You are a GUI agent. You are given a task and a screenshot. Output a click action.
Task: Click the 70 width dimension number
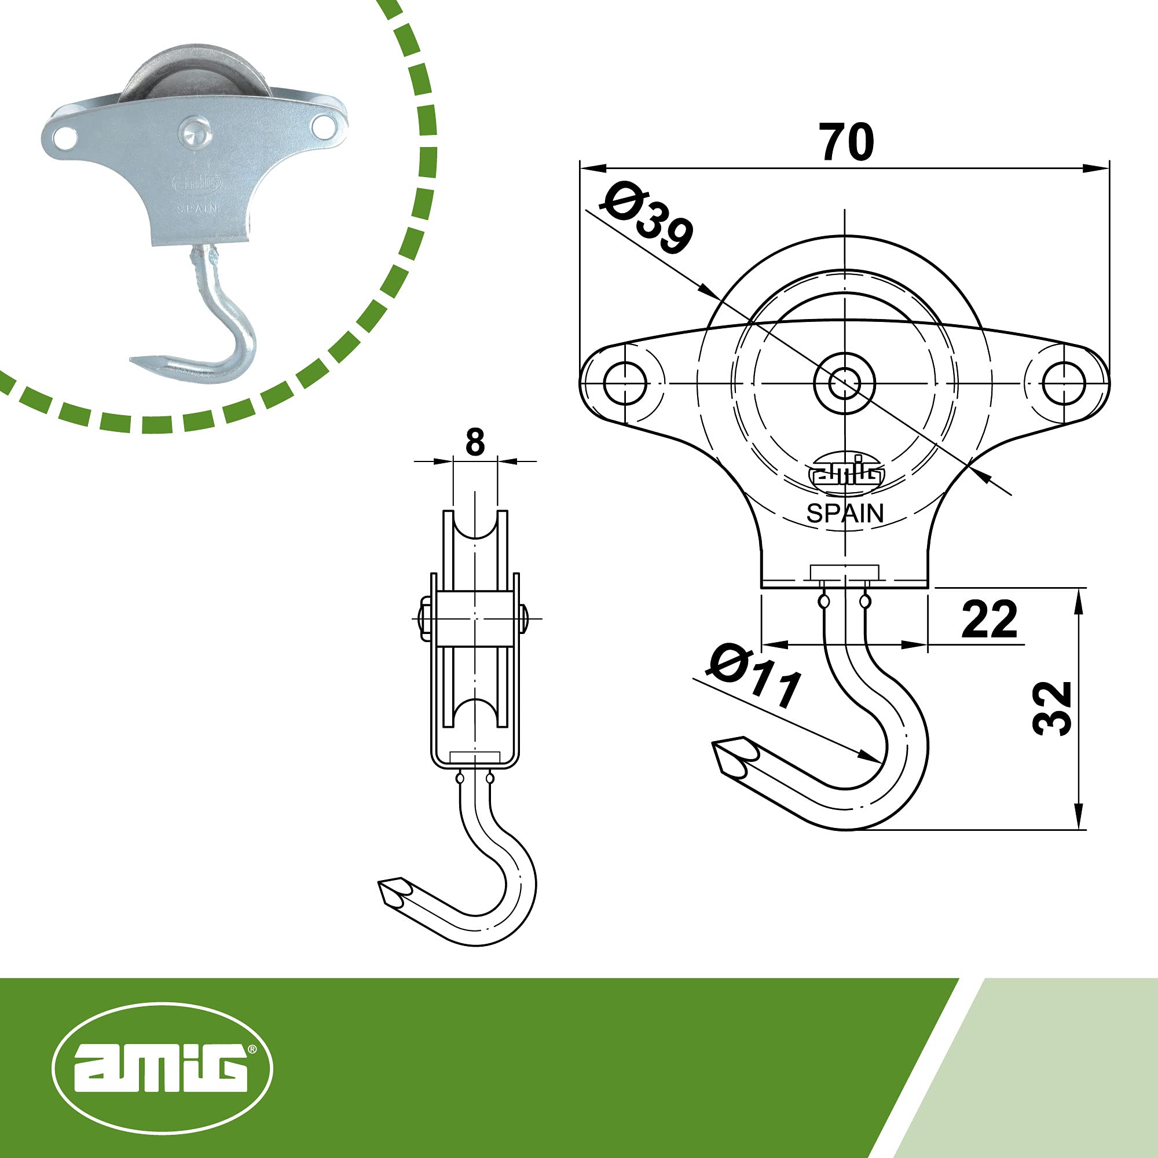(x=847, y=142)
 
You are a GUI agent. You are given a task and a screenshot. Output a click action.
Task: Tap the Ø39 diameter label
(x=648, y=219)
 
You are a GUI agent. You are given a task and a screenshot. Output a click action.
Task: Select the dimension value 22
(x=989, y=619)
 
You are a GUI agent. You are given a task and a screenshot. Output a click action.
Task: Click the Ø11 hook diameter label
(x=754, y=676)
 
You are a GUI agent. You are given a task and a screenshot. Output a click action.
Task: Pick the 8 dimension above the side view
(x=475, y=443)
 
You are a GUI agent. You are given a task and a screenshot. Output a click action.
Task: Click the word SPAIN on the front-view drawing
(x=845, y=513)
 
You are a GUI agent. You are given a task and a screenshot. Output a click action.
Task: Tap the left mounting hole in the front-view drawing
(x=625, y=382)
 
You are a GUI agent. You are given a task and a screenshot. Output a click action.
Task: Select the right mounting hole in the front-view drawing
(x=1064, y=382)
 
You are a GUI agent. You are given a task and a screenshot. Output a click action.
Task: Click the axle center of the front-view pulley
(x=845, y=382)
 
